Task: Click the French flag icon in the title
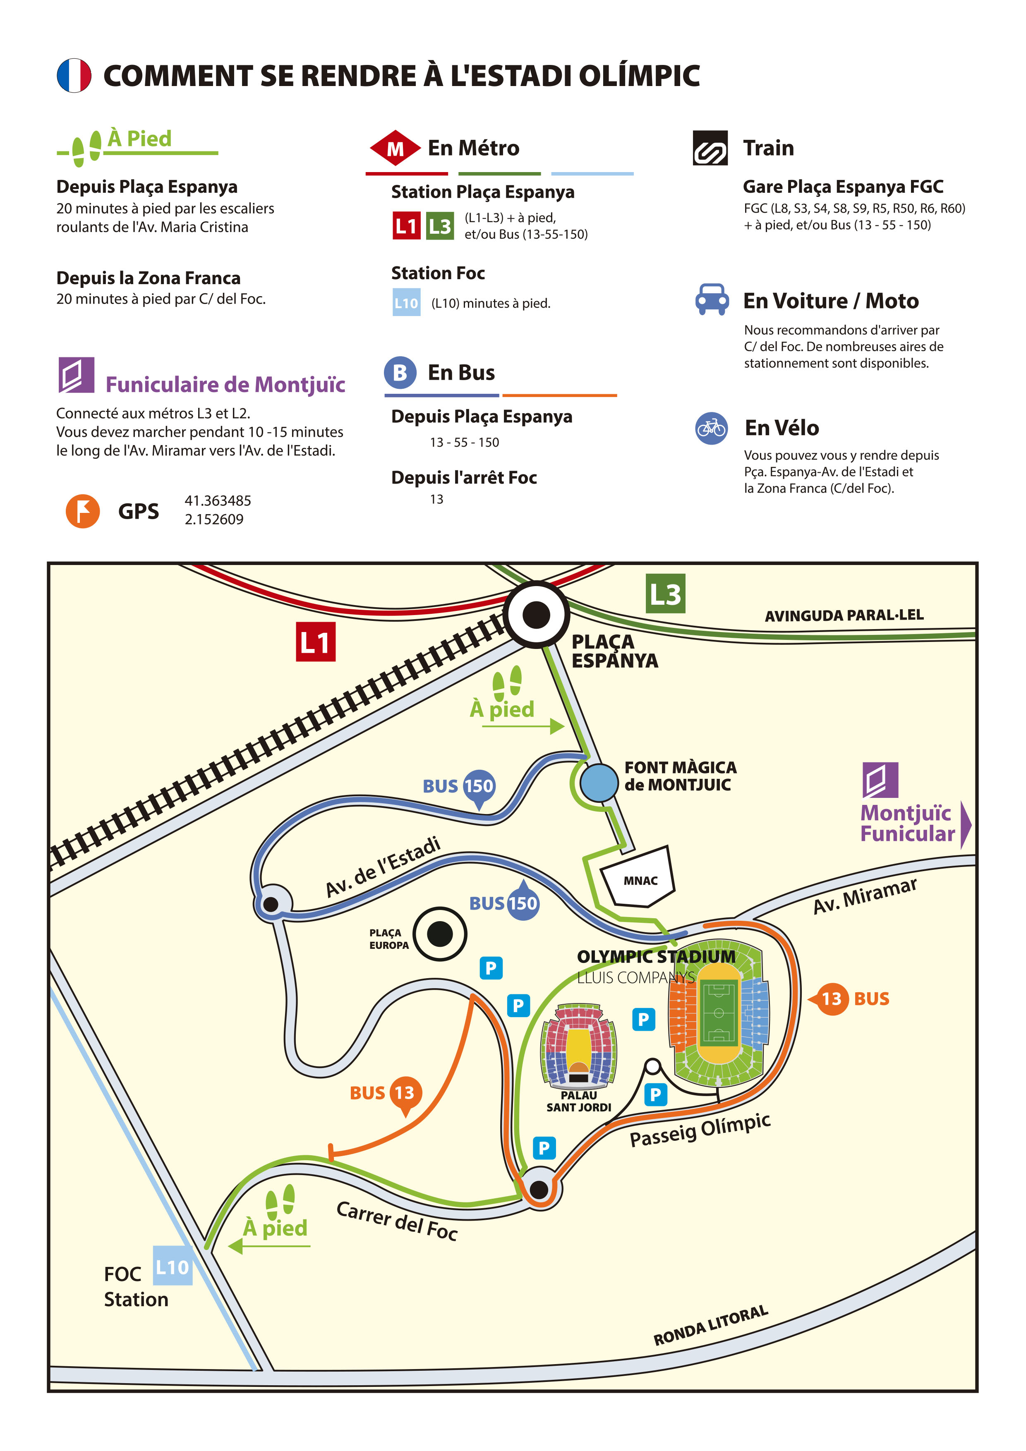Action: (74, 75)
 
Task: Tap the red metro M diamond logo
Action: (395, 148)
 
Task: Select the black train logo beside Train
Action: (710, 148)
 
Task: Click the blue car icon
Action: (712, 299)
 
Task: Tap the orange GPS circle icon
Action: (83, 511)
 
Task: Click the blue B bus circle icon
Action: (400, 372)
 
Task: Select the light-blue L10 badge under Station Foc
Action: (407, 303)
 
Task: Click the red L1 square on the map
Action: (315, 642)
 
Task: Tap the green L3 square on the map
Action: (665, 594)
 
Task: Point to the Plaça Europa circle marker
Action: (440, 934)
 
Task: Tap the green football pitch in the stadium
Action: (719, 1013)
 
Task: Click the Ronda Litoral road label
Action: (711, 1326)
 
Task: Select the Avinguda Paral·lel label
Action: (844, 615)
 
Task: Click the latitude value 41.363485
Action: (218, 500)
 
